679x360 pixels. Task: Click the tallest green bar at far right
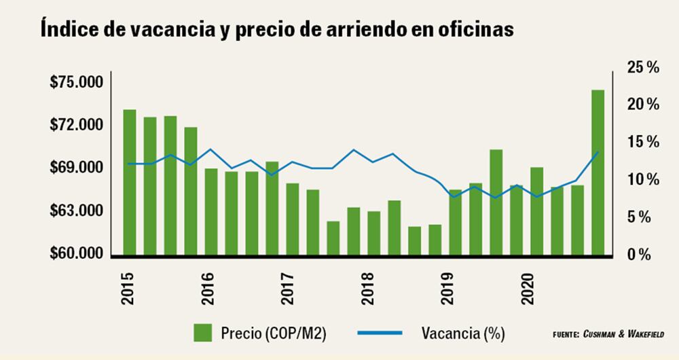598,173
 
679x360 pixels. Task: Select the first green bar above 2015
129,182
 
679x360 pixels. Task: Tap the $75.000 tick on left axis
76,83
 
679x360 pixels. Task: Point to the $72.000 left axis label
76,126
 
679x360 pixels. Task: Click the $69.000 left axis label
76,168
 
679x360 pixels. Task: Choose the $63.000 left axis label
76,211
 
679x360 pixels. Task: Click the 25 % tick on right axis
643,68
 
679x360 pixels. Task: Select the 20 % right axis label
643,105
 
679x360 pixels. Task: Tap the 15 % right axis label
643,143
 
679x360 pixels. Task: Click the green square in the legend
203,333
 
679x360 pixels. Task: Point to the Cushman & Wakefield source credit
608,334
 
